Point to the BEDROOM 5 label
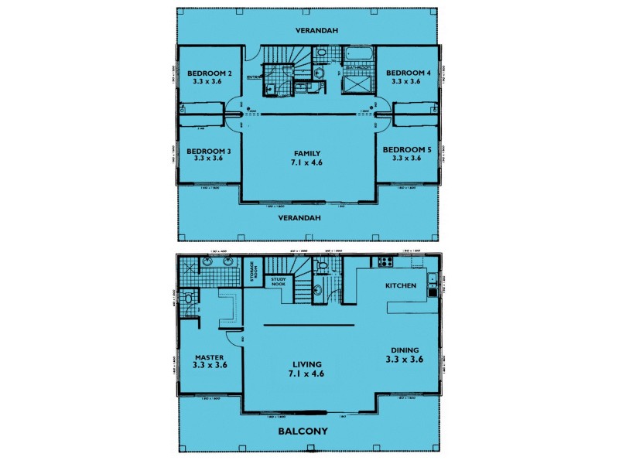click(x=405, y=149)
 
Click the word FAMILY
click(x=307, y=153)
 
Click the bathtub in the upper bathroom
click(x=357, y=56)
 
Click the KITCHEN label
click(x=401, y=286)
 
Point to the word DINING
click(x=405, y=349)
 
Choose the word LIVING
click(x=307, y=364)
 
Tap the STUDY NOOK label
click(x=279, y=282)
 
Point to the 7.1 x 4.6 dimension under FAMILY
click(x=307, y=164)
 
